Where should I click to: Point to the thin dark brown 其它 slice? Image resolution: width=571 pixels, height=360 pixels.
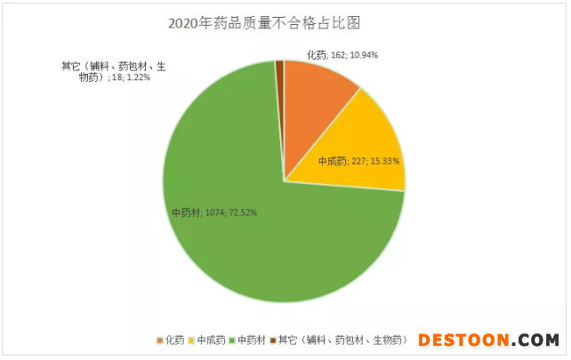coord(280,89)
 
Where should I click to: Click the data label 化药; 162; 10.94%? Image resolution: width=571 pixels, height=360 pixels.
coord(342,55)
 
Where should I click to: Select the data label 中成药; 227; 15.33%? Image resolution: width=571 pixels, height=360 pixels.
coord(358,162)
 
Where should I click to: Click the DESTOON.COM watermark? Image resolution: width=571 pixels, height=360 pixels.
coord(488,340)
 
